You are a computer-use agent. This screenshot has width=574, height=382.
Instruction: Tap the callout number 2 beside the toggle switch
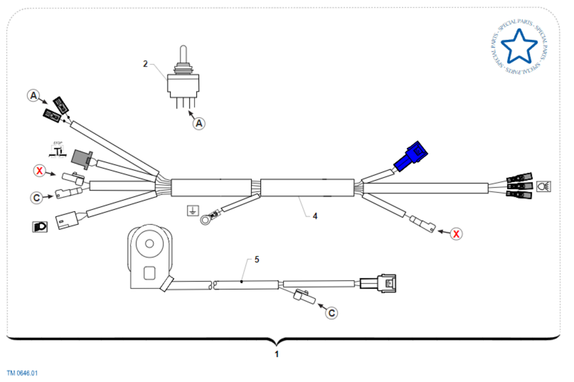145,63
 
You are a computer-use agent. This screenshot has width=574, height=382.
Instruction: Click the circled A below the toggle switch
199,123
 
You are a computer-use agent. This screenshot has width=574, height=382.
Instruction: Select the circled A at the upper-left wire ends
33,96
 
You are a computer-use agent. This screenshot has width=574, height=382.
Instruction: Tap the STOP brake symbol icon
58,150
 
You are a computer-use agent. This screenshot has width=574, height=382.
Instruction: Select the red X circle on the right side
457,234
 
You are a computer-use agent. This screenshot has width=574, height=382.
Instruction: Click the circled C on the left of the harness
36,196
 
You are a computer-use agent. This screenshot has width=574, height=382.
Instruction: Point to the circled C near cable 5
331,313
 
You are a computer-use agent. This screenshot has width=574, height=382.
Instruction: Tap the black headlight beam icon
39,227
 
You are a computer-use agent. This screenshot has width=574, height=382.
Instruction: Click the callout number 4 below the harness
315,216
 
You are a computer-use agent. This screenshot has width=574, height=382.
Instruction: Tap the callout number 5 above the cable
256,260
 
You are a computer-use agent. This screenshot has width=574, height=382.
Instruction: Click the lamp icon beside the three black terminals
543,186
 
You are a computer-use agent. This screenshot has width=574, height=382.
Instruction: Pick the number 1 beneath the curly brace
276,354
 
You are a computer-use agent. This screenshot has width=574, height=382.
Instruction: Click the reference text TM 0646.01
22,373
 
